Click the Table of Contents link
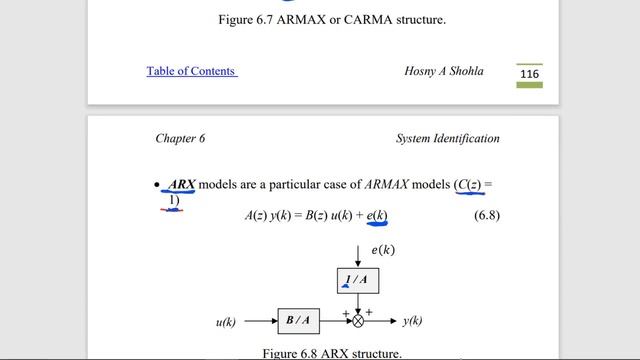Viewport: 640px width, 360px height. click(191, 71)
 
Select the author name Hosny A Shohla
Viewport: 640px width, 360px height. click(443, 71)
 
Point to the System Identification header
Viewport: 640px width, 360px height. click(447, 139)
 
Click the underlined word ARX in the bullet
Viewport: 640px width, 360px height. click(181, 185)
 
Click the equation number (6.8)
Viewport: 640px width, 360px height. click(486, 215)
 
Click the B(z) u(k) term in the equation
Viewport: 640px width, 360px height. click(315, 215)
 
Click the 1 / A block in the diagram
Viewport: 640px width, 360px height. click(357, 279)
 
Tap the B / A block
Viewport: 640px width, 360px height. click(299, 321)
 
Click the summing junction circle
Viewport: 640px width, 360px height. click(358, 321)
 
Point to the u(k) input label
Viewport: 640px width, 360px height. click(225, 322)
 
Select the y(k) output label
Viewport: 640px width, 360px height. click(412, 321)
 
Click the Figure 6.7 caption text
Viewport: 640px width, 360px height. click(318, 19)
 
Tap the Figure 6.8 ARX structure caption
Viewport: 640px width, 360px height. click(332, 353)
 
